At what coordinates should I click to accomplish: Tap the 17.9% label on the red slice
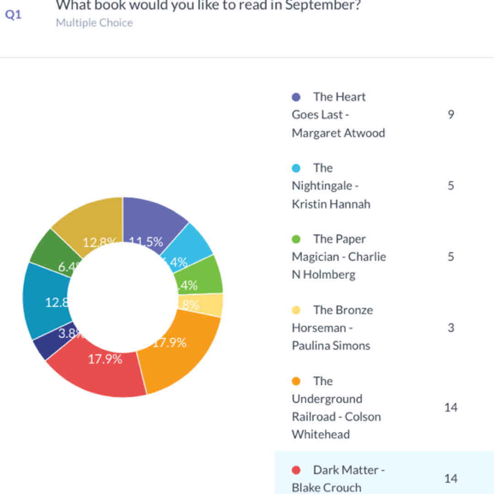click(x=105, y=359)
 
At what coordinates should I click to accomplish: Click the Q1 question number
click(x=13, y=15)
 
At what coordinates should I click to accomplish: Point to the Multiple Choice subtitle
click(x=94, y=23)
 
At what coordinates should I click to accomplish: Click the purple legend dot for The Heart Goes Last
click(x=296, y=97)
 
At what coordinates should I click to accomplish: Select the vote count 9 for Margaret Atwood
click(x=451, y=114)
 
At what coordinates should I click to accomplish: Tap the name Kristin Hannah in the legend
click(x=331, y=204)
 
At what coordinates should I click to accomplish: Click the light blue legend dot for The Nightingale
click(x=296, y=168)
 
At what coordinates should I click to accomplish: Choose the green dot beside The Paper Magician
click(x=296, y=239)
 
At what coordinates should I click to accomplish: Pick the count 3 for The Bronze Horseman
click(x=451, y=328)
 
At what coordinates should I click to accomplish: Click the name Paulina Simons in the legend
click(x=331, y=346)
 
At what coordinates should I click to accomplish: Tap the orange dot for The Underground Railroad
click(x=296, y=381)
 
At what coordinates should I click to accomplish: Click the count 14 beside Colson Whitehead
click(x=451, y=408)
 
